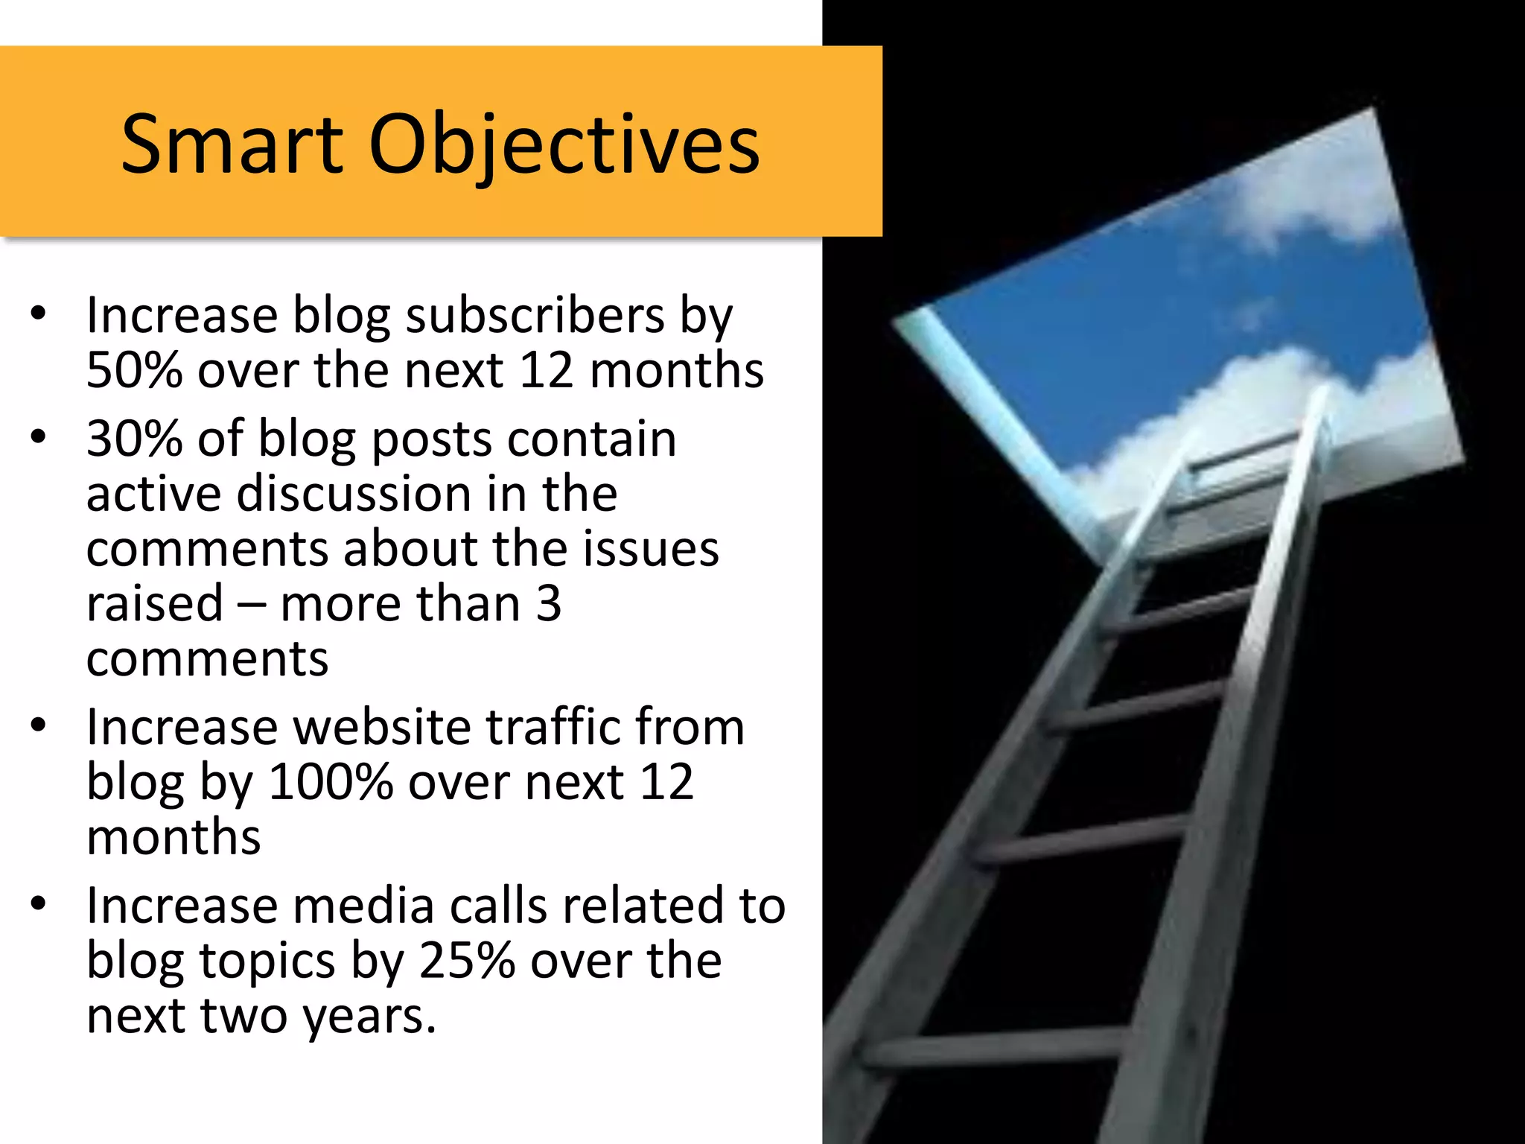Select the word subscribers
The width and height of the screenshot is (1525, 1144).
coord(535,316)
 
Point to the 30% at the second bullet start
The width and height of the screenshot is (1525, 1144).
coord(134,439)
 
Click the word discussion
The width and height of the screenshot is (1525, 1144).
coord(354,494)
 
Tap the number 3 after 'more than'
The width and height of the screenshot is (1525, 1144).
coord(549,604)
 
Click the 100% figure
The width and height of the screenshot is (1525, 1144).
coord(331,783)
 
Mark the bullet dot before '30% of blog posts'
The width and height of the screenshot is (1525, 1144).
coord(39,437)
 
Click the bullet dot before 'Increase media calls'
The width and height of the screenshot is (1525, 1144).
coord(39,904)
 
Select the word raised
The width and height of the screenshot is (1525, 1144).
coord(155,604)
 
